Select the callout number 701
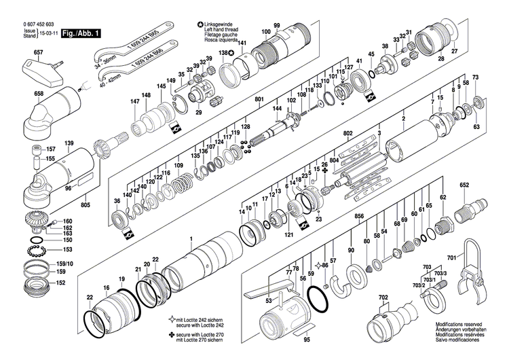tap(452, 257)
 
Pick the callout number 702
tap(383, 298)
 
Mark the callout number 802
tap(349, 133)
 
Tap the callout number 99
tap(277, 26)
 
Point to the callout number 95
tap(306, 340)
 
